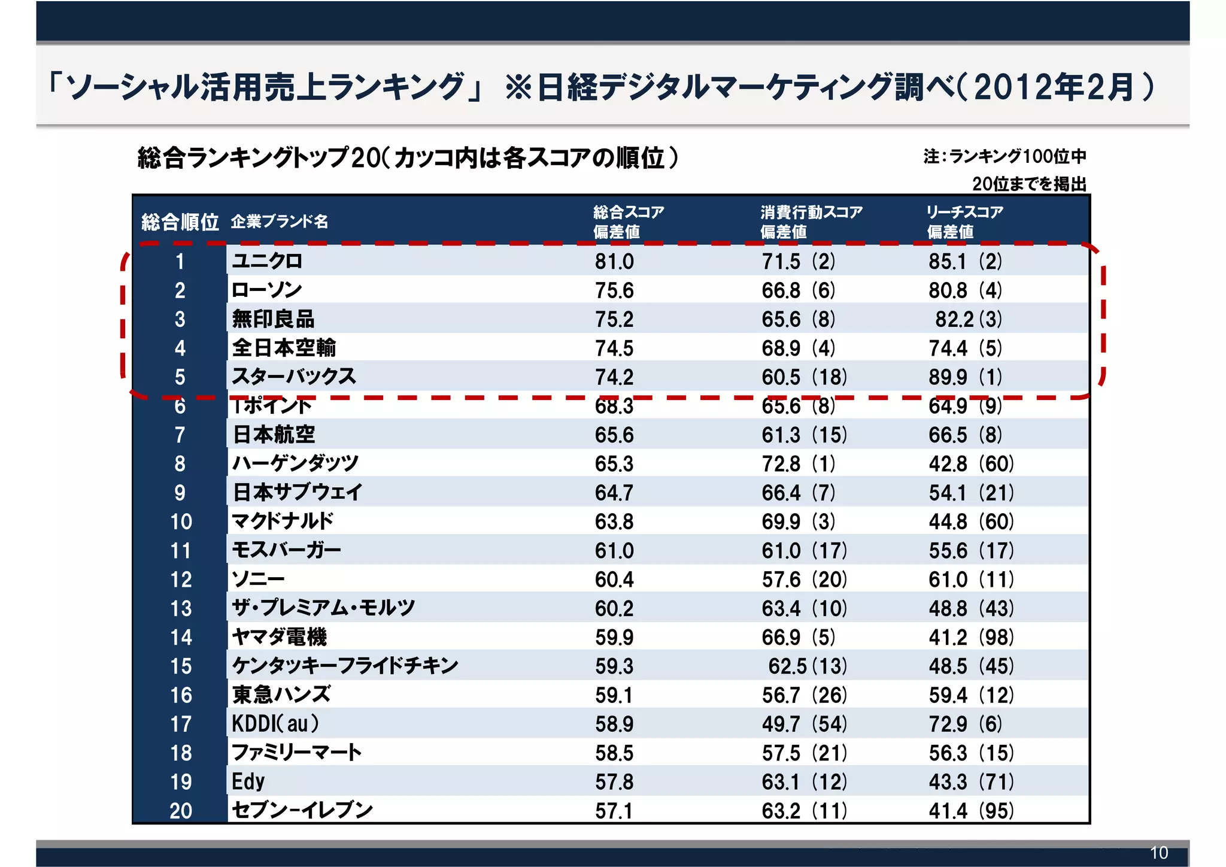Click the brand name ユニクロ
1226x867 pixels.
[x=267, y=261]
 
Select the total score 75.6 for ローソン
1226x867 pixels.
[x=614, y=290]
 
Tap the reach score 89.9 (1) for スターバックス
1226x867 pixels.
[x=965, y=377]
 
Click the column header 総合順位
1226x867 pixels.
[x=180, y=222]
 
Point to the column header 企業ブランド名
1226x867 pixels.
[x=280, y=222]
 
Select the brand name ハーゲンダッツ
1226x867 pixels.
[x=295, y=463]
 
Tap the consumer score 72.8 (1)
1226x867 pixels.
[x=798, y=464]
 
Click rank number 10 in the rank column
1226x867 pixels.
[x=181, y=522]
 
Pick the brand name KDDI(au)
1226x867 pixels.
[x=275, y=724]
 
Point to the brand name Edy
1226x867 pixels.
[x=248, y=781]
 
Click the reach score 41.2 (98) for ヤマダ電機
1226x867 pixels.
[x=971, y=637]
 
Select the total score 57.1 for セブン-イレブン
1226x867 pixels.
[x=614, y=811]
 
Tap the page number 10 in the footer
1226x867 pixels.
[x=1159, y=853]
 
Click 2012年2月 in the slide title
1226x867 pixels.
[x=1054, y=87]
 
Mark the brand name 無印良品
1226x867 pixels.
[x=273, y=319]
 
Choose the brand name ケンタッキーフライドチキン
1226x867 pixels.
[x=345, y=666]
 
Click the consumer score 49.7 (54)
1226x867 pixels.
[x=804, y=724]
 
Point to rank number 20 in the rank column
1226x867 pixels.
[x=181, y=811]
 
